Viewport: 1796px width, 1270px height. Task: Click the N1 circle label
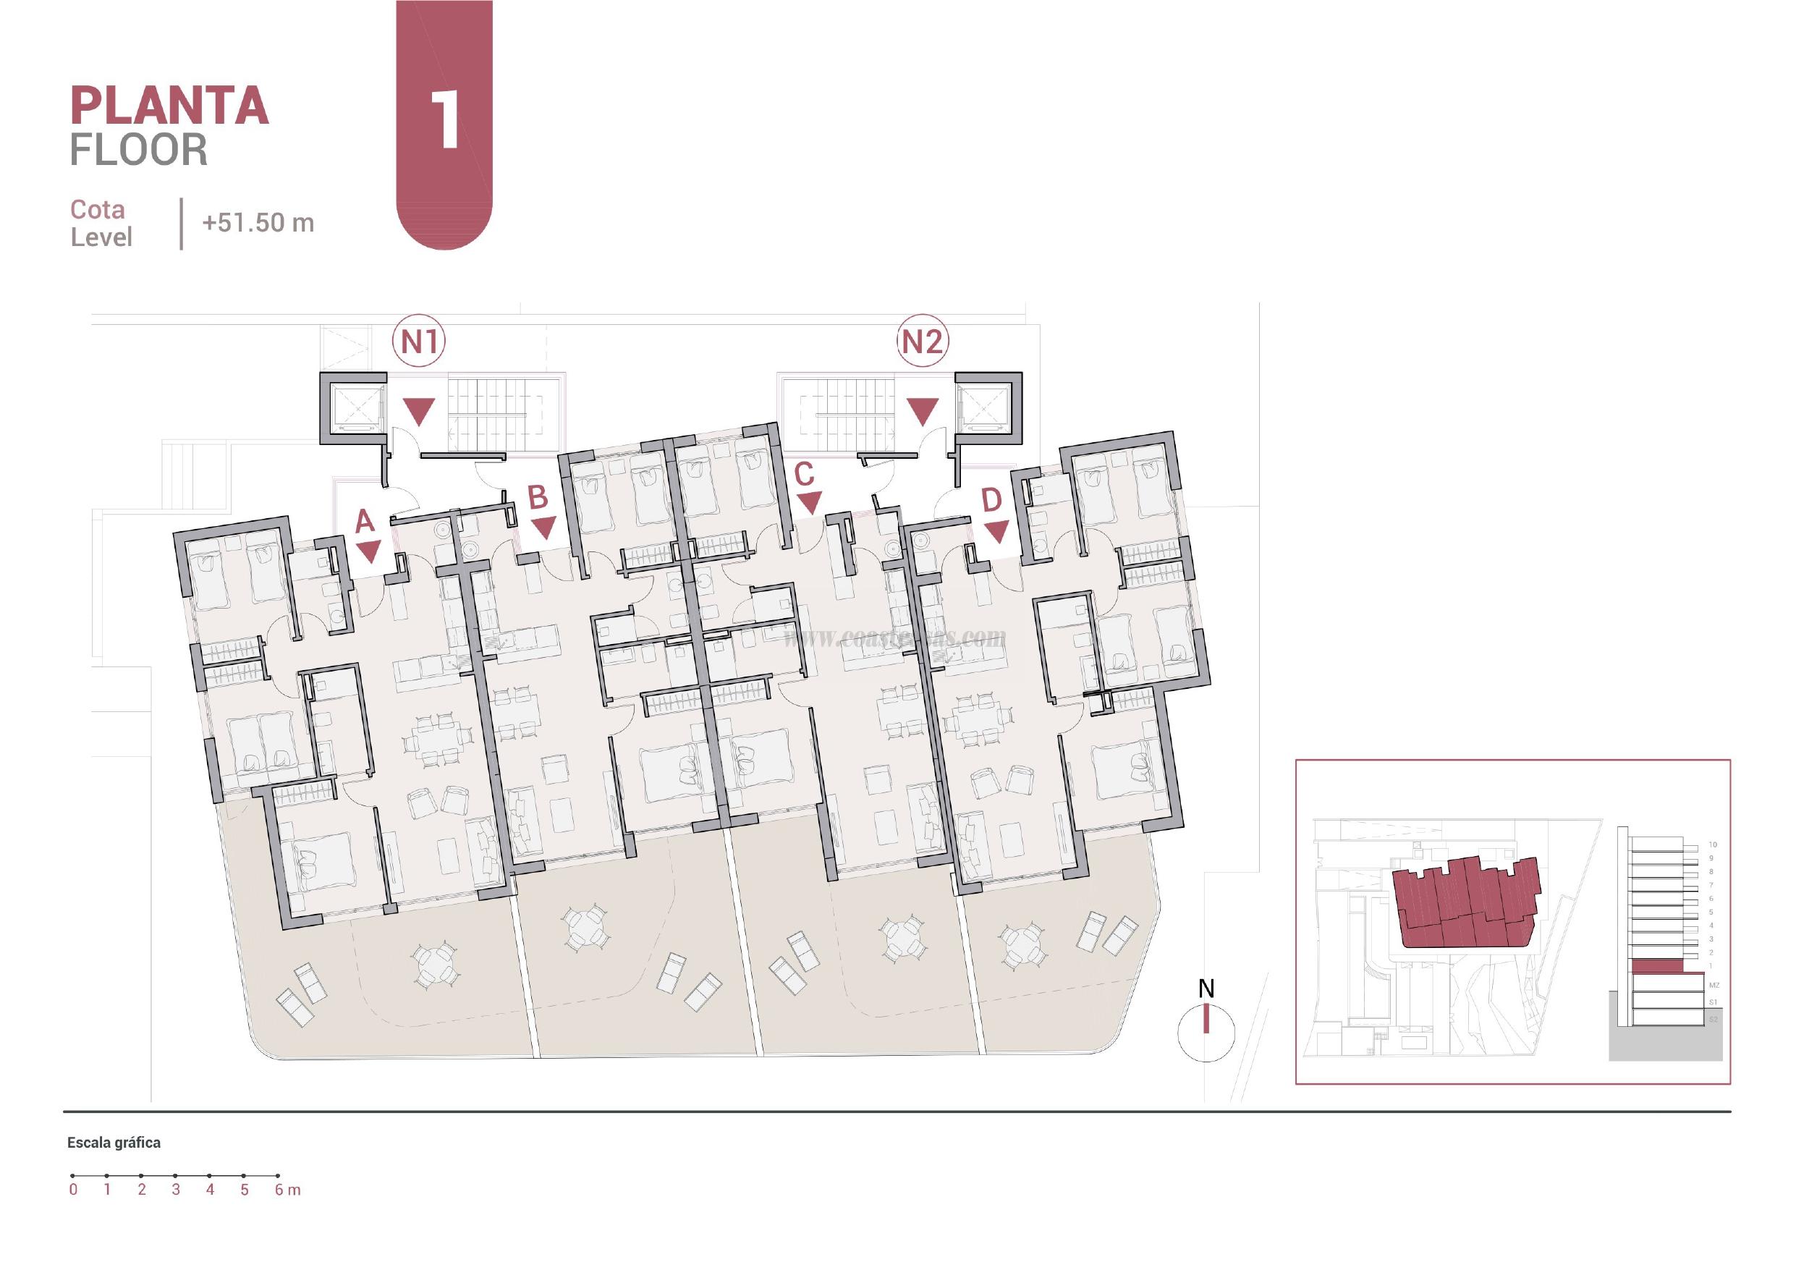tap(419, 341)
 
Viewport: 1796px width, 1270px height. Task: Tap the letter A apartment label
tap(365, 521)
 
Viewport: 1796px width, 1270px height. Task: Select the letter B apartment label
tap(538, 498)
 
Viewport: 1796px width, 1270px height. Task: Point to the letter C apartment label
tap(804, 474)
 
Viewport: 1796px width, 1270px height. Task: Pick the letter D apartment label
tap(991, 499)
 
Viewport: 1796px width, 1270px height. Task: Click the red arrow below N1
tap(419, 411)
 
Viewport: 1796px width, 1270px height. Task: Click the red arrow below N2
tap(923, 411)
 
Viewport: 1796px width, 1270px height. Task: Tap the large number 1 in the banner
tap(445, 119)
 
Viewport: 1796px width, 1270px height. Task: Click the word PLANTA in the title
tap(170, 106)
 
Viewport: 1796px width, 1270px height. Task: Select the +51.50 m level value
tap(258, 223)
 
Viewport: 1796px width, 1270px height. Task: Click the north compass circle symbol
tap(1206, 1033)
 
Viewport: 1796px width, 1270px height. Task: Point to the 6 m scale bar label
tap(287, 1190)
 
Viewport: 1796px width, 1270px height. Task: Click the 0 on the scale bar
tap(73, 1190)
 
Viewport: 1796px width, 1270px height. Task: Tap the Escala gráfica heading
tap(114, 1143)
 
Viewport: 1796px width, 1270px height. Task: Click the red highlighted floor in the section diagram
tap(1656, 968)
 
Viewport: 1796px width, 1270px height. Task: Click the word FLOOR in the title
tap(139, 150)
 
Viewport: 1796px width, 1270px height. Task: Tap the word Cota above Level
tap(97, 210)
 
